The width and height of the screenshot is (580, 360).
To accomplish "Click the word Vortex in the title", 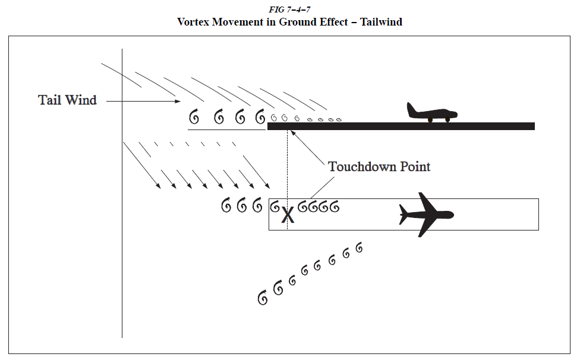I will (196, 22).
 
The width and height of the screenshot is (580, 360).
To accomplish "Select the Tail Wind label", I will (67, 100).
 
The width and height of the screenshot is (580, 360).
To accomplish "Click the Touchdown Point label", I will (379, 166).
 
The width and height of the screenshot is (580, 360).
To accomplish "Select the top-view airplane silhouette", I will (427, 214).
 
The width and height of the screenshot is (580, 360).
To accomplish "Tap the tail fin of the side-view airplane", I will (411, 108).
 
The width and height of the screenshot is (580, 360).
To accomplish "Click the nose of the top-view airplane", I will (452, 214).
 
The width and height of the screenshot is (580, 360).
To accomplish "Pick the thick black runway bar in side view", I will (401, 126).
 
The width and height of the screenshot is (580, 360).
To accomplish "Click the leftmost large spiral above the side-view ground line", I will (194, 117).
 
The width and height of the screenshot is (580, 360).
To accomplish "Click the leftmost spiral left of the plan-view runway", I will (226, 206).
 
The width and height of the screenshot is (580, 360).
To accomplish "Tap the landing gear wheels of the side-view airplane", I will (439, 119).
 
